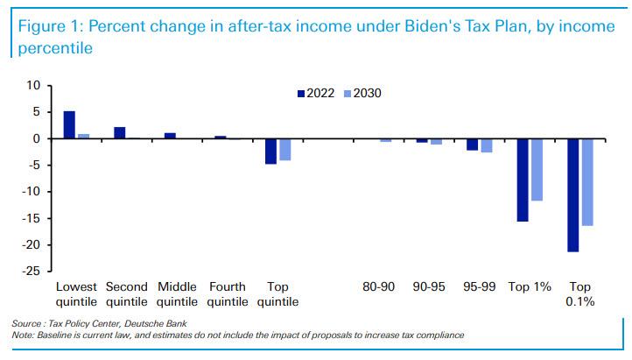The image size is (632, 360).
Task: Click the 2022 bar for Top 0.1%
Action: tap(572, 194)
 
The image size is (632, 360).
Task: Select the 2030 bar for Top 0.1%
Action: tap(586, 182)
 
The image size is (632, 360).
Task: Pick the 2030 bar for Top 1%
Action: tap(536, 169)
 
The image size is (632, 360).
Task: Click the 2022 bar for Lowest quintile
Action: tap(69, 125)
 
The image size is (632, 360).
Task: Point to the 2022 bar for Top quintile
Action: tap(270, 151)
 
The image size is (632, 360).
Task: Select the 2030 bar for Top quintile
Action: tap(284, 149)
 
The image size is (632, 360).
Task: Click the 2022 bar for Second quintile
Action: tap(120, 133)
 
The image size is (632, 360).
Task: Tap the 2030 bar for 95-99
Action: tap(486, 145)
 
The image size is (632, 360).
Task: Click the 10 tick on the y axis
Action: tap(34, 86)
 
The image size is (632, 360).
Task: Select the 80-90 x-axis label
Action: tap(378, 286)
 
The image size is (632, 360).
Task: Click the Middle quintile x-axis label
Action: tap(177, 293)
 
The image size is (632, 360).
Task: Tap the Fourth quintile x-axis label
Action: tap(228, 293)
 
